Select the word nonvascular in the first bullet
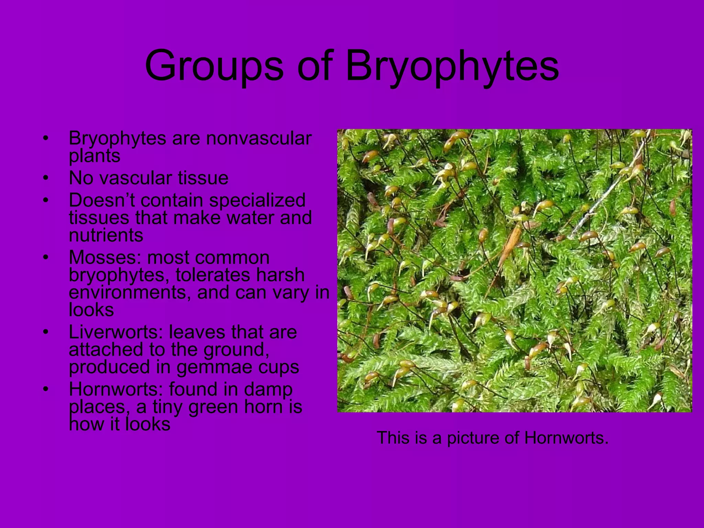(x=258, y=138)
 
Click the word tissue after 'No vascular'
(x=203, y=178)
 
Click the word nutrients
(x=106, y=235)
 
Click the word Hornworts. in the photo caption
(x=566, y=438)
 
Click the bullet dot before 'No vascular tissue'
(x=46, y=178)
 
